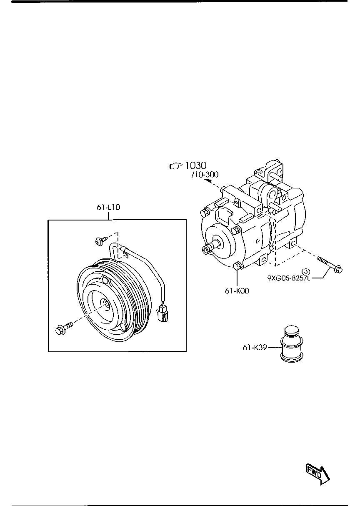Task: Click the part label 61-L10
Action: point(108,207)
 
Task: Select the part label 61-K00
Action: point(237,291)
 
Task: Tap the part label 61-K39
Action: point(254,347)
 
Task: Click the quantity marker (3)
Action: point(306,271)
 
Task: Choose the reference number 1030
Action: point(196,166)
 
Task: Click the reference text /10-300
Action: point(205,175)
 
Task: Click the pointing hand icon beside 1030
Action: point(176,166)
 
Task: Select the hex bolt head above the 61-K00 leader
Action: point(238,267)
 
